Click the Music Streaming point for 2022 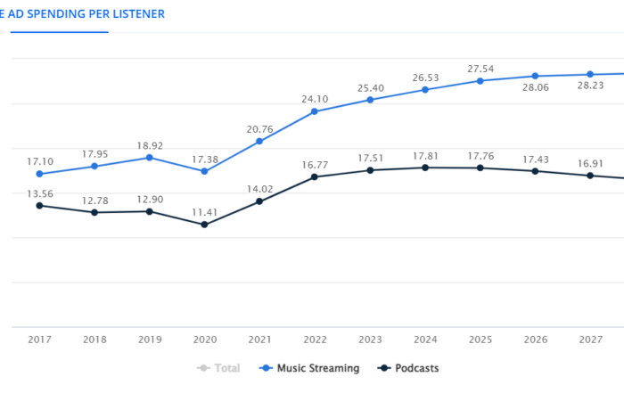315,111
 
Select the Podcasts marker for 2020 204,225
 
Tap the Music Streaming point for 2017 39,174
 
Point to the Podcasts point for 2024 425,168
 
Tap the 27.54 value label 480,69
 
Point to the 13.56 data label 39,193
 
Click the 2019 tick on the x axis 149,340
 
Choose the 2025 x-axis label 480,340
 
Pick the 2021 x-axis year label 259,340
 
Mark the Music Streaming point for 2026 535,77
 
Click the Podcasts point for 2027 590,176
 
